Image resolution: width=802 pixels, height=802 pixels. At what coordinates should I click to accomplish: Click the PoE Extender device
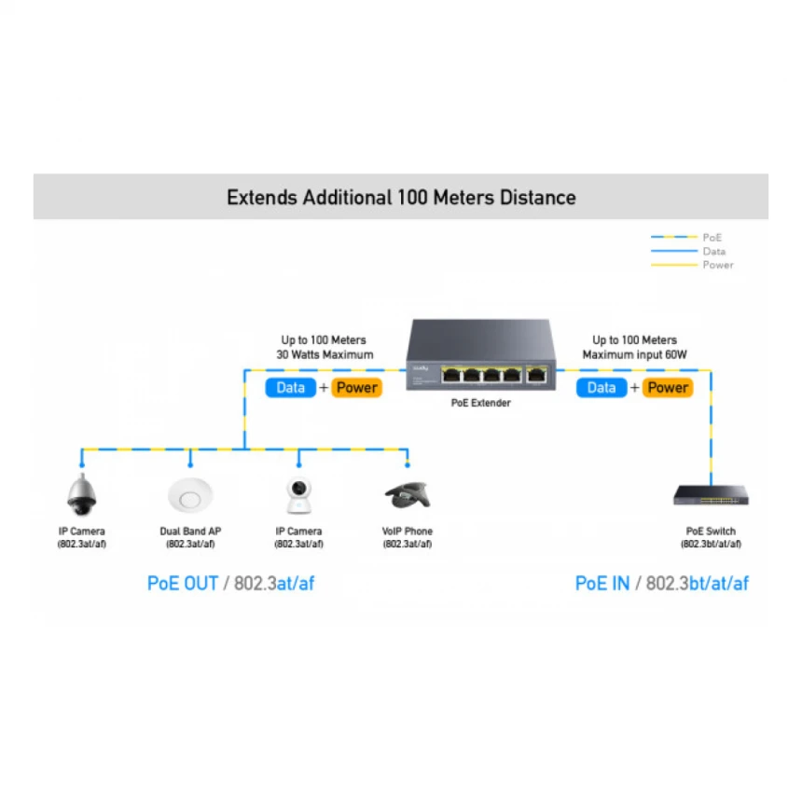[x=481, y=355]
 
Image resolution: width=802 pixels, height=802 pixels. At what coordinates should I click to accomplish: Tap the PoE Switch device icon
[x=711, y=495]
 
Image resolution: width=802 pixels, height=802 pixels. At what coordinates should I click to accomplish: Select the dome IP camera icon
[x=82, y=494]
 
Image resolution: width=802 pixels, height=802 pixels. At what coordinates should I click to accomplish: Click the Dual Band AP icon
[x=190, y=495]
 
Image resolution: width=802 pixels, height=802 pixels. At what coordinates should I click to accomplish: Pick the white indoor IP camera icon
[x=298, y=495]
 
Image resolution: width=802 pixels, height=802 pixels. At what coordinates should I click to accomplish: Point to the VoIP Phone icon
[x=408, y=495]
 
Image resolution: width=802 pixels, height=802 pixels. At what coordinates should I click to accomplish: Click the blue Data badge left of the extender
[x=291, y=388]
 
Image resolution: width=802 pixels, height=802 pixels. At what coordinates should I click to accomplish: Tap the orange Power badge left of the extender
[x=356, y=388]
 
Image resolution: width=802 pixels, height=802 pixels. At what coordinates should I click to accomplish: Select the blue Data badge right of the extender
[x=601, y=388]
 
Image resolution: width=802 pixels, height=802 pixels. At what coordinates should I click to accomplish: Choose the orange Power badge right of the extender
[x=668, y=388]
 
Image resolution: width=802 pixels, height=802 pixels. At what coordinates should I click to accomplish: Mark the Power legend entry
[x=692, y=265]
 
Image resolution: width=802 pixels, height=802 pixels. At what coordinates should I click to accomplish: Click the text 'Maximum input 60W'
[x=634, y=354]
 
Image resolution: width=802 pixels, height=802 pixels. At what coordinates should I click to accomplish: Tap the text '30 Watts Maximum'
[x=325, y=354]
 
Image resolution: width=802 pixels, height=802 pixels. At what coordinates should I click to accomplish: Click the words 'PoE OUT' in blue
[x=183, y=583]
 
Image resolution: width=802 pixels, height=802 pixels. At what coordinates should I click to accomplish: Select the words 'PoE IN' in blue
[x=602, y=583]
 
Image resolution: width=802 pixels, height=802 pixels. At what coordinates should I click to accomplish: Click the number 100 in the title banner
[x=412, y=198]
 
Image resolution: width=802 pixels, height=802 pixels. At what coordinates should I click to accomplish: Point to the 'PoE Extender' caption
[x=481, y=403]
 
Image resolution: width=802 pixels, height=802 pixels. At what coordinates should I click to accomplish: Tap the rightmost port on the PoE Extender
[x=536, y=375]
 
